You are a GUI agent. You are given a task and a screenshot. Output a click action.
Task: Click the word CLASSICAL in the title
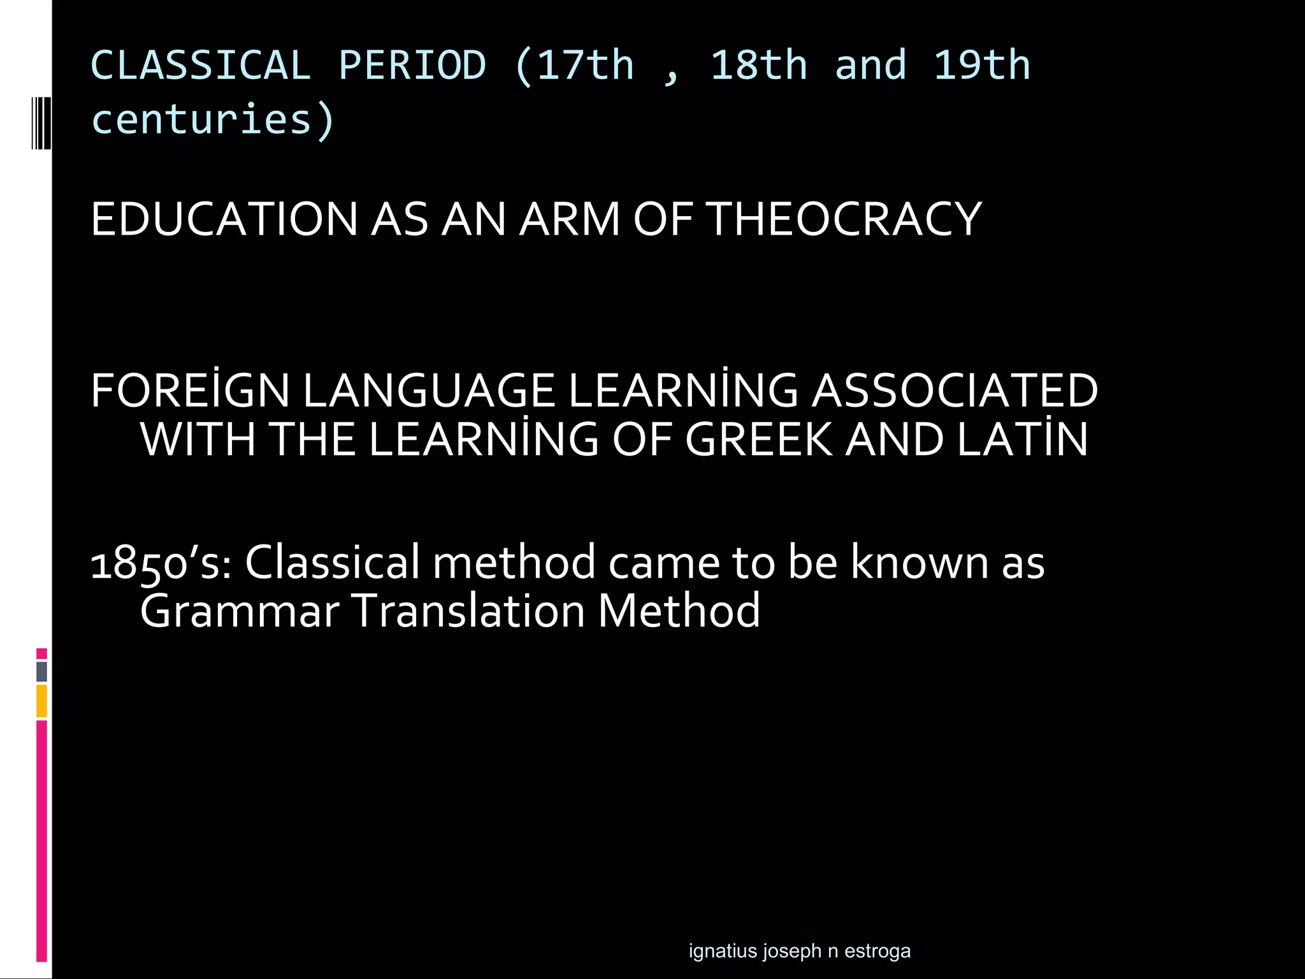tap(201, 66)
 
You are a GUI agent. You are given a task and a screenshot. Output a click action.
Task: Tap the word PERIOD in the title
tap(412, 66)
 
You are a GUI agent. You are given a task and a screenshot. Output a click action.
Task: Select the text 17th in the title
tap(586, 66)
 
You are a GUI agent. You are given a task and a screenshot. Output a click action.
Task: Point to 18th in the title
tap(759, 66)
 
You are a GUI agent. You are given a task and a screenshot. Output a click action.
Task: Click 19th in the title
tap(982, 66)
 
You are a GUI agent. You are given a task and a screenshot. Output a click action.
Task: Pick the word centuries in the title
tap(201, 120)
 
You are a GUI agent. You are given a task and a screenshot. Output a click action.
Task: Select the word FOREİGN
tap(191, 391)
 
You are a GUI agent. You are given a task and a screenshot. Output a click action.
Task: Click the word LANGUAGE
tap(428, 391)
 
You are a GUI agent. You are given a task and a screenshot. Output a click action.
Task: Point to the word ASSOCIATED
tap(955, 391)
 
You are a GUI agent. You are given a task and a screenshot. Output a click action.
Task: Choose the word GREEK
tap(759, 440)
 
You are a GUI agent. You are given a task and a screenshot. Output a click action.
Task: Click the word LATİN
tap(1022, 440)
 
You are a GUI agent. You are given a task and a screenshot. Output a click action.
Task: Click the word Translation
tap(468, 611)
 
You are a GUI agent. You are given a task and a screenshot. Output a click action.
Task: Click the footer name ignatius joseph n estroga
tap(800, 951)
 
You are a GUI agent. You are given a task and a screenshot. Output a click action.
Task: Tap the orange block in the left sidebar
tap(41, 701)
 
